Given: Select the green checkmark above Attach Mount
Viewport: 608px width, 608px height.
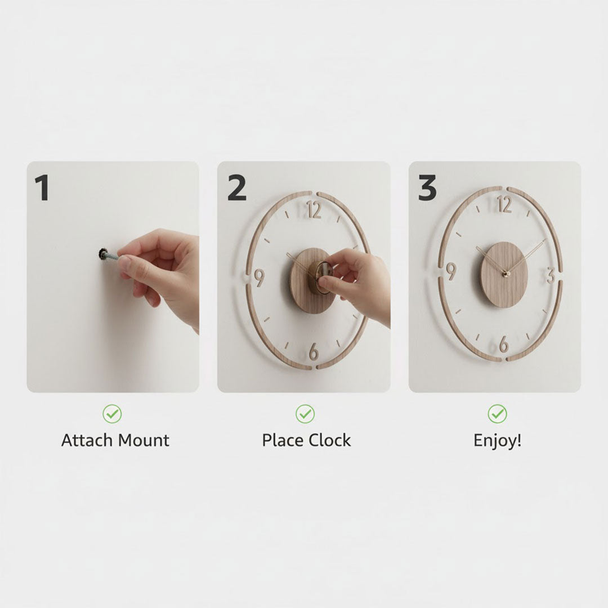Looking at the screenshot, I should pos(112,414).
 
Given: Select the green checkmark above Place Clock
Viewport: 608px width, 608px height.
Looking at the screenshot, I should pos(305,414).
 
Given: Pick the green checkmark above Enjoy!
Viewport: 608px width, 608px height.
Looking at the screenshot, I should pos(497,414).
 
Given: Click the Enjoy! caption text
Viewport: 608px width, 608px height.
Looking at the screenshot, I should pos(497,440).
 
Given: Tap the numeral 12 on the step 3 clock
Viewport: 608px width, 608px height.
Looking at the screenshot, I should pos(504,204).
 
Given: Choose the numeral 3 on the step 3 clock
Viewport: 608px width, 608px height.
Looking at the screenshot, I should pos(550,275).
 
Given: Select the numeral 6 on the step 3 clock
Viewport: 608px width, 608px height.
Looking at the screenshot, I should pos(503,343).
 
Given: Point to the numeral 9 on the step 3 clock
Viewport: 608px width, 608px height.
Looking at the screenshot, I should pos(451,271).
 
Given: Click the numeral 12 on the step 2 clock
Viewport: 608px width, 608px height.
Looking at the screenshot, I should pos(314,210).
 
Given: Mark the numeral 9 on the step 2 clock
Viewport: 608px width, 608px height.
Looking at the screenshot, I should pos(259,277).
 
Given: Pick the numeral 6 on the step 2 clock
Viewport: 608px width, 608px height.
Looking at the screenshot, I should pos(314,350).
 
